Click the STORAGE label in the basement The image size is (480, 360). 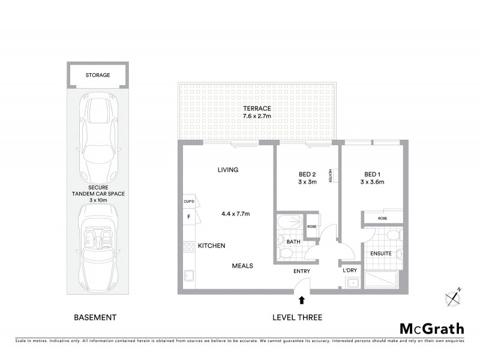point(97,76)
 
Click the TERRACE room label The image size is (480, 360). point(256,108)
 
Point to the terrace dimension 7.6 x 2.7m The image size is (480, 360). point(256,116)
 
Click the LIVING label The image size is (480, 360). point(228,170)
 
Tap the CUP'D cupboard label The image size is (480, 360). point(188,202)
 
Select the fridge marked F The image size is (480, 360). point(188,216)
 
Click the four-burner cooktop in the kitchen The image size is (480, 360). point(187,245)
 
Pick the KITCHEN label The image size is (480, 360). point(211,246)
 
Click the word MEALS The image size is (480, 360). point(243,266)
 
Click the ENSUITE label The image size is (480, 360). point(380,254)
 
